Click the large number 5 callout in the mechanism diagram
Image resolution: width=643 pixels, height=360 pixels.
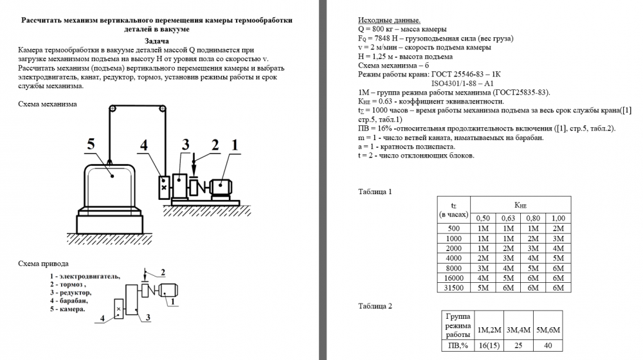click(x=91, y=144)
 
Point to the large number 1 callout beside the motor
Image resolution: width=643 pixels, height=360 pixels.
click(x=235, y=145)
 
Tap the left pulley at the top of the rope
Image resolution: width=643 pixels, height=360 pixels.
click(x=113, y=109)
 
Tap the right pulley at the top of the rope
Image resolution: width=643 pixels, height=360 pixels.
click(x=163, y=109)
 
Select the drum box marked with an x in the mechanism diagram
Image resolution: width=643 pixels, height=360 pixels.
click(x=164, y=187)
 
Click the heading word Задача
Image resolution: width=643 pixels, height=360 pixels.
click(x=157, y=41)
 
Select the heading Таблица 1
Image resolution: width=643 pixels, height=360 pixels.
click(x=375, y=192)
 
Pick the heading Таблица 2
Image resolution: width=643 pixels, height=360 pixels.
click(x=375, y=306)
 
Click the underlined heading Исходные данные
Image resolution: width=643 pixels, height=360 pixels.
click(x=389, y=20)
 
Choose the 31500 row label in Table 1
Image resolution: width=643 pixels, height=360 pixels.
click(x=453, y=288)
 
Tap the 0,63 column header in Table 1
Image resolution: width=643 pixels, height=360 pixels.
click(x=508, y=218)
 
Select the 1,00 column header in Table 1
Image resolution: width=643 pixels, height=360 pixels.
click(x=558, y=218)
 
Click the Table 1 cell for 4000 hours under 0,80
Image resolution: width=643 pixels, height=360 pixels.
click(x=533, y=258)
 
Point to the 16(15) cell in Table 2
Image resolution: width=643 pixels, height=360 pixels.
click(x=489, y=346)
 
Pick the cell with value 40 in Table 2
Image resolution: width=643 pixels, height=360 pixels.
click(x=548, y=346)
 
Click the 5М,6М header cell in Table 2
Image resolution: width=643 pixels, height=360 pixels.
click(x=548, y=330)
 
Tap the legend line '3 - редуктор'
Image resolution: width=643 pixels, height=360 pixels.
click(x=71, y=292)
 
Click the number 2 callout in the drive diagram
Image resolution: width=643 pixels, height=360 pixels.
click(x=163, y=273)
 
